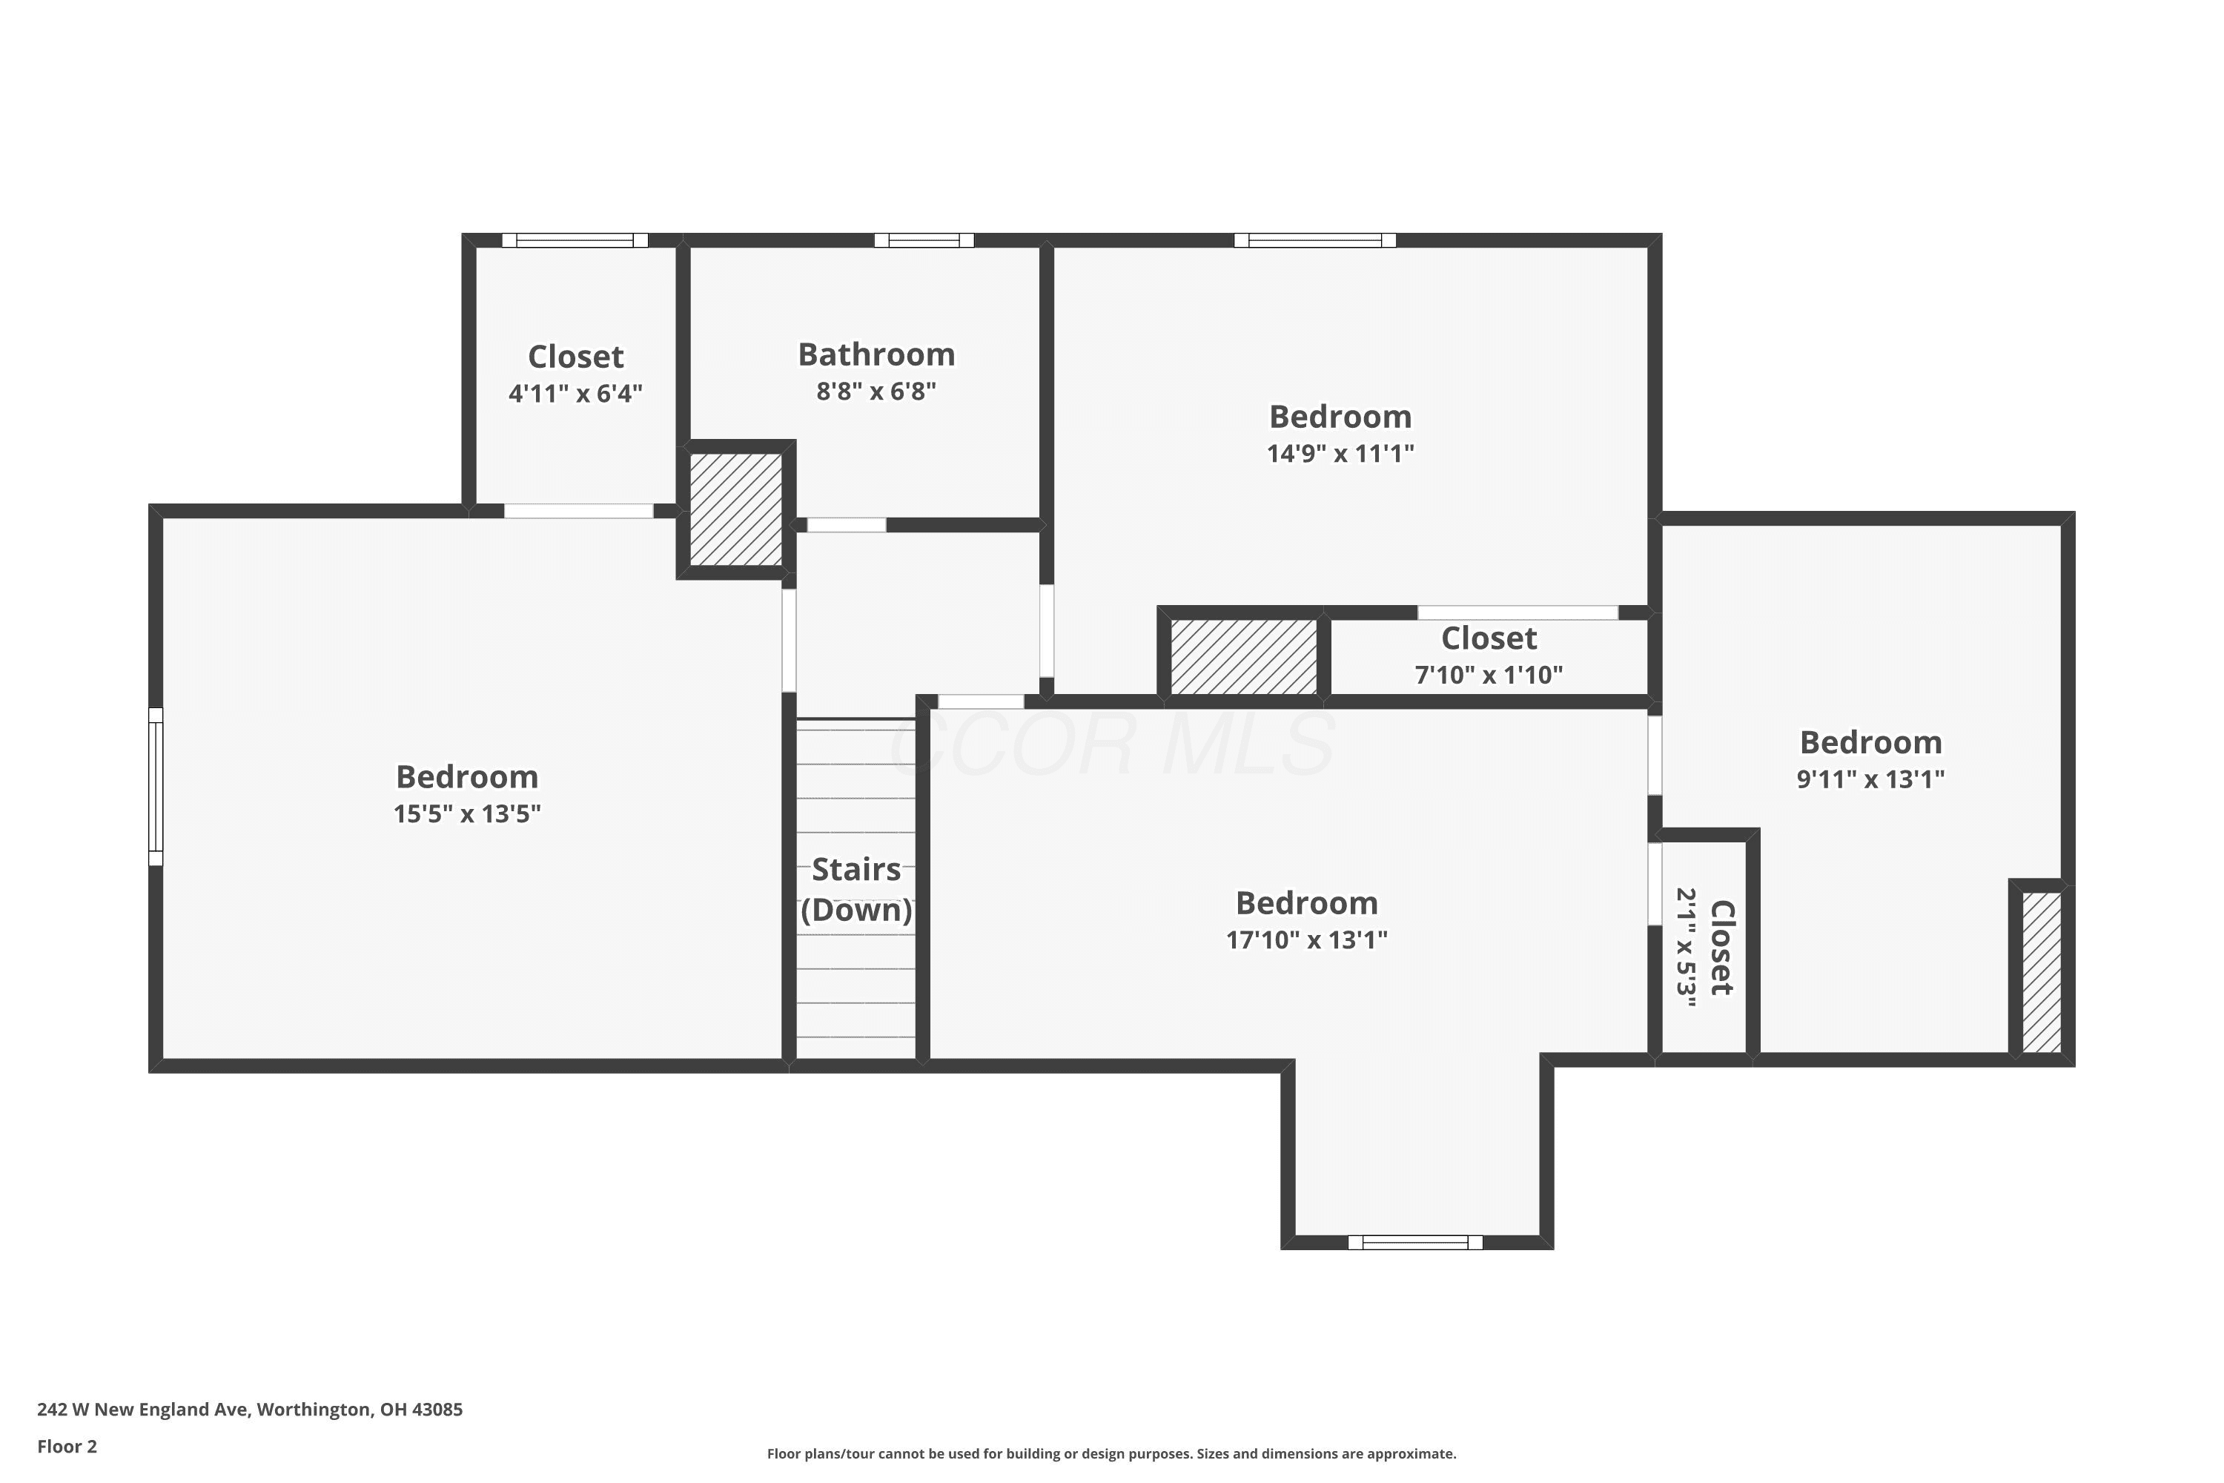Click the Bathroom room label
click(x=876, y=354)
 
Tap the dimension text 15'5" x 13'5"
click(x=467, y=813)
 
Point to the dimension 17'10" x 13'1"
click(x=1307, y=939)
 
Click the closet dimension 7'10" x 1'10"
click(x=1489, y=674)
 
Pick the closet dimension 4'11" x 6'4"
click(x=575, y=394)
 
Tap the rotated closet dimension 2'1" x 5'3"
click(x=1686, y=948)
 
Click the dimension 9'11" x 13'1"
click(x=1870, y=779)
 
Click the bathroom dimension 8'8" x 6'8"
click(x=876, y=391)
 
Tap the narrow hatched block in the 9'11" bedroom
click(x=2042, y=972)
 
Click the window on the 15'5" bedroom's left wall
click(x=156, y=787)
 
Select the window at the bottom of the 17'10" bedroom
click(x=1414, y=1243)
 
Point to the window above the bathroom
click(x=924, y=240)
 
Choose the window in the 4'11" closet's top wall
click(x=575, y=240)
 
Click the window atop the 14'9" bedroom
click(x=1314, y=240)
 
